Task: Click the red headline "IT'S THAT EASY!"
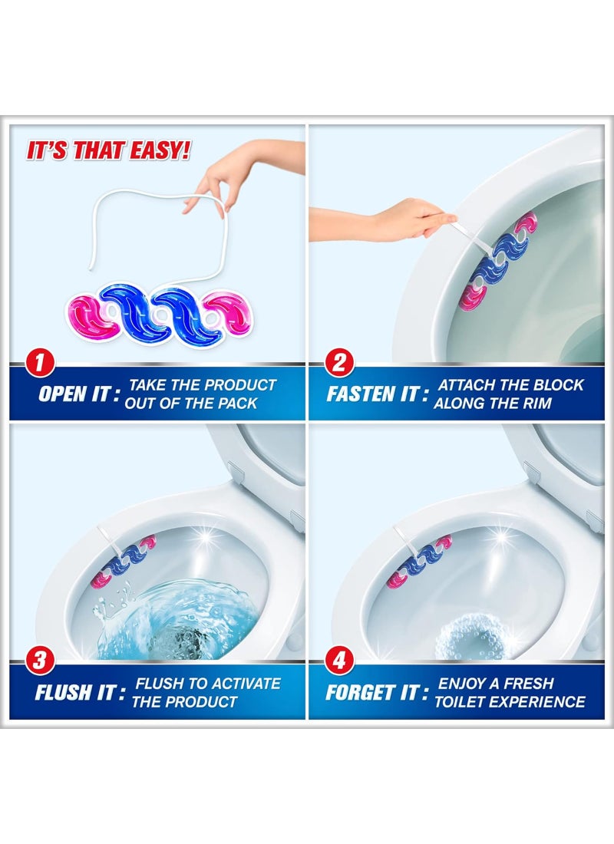coord(108,150)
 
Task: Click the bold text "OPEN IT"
coord(74,394)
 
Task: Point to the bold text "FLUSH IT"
coord(74,693)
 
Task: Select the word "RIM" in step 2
coord(536,403)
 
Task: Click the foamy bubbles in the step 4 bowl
coord(470,637)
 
